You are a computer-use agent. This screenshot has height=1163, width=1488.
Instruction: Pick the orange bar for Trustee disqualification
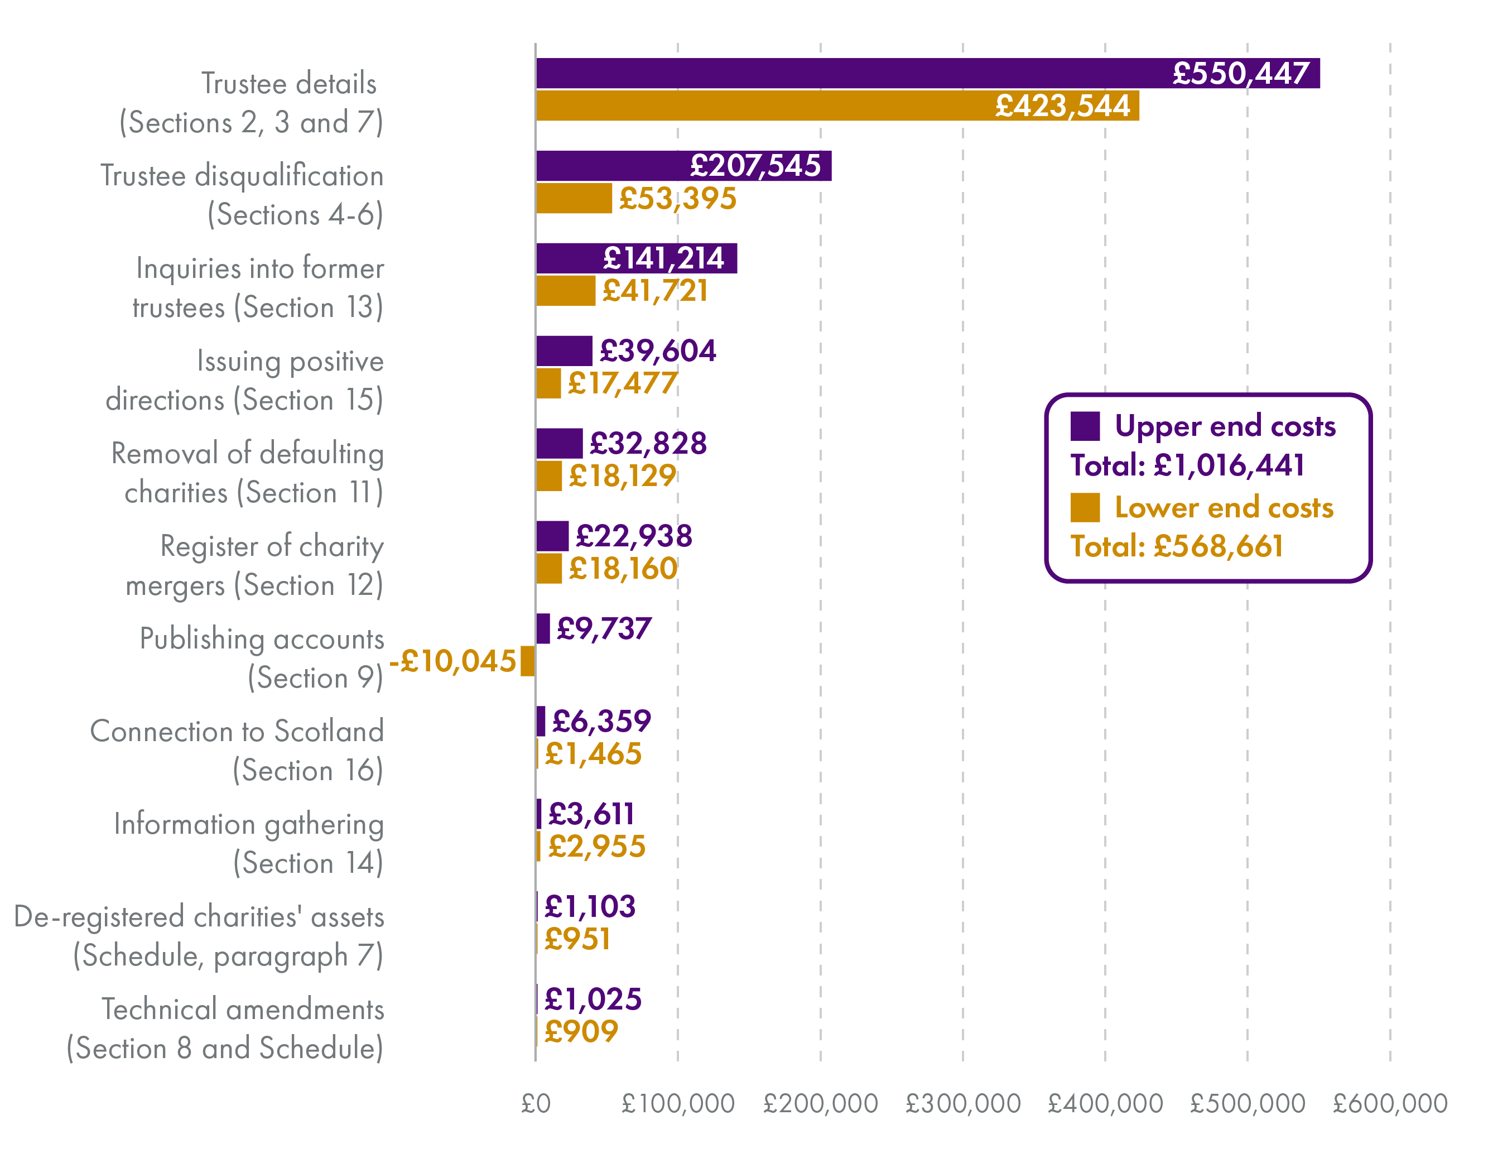574,198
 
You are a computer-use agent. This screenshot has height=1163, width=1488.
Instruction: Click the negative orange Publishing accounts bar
527,661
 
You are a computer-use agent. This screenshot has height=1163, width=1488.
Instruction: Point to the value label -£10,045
452,661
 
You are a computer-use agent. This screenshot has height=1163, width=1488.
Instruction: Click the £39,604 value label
657,351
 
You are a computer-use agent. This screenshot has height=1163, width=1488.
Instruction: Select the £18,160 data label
623,568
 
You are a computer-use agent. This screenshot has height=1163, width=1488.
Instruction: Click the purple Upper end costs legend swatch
1085,426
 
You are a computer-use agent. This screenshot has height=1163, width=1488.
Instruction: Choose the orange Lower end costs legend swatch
1085,508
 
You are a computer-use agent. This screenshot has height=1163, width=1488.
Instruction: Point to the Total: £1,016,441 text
1187,465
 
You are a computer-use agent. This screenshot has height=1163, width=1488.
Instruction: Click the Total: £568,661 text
1177,546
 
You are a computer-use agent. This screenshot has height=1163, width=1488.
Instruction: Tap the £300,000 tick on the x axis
962,1104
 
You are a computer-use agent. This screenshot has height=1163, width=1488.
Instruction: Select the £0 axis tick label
536,1104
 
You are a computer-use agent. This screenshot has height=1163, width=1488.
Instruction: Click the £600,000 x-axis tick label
1390,1104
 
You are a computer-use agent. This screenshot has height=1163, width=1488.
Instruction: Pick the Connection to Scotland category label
237,750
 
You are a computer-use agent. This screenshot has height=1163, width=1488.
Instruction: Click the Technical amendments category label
225,1028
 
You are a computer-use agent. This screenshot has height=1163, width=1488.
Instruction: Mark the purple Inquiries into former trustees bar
637,258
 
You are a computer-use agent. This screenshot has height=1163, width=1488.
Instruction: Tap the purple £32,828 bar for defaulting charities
560,444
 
